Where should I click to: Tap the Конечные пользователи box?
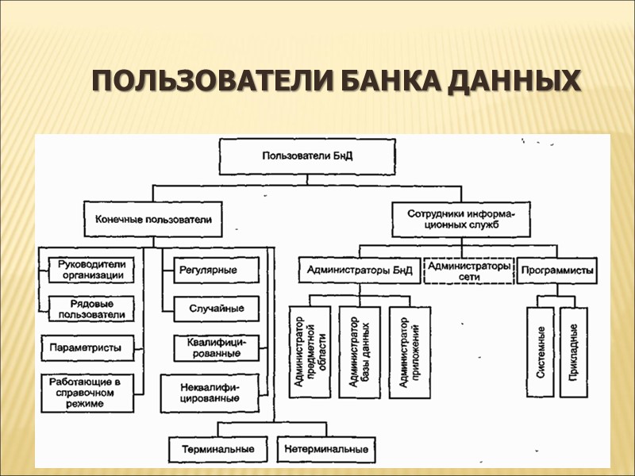click(x=153, y=217)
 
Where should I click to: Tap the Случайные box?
click(x=216, y=308)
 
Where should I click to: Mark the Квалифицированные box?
click(x=217, y=347)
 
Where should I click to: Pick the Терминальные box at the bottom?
click(x=217, y=449)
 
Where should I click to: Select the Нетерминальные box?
click(x=328, y=449)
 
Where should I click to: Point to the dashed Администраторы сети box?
click(x=468, y=271)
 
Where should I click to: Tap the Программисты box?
click(x=557, y=271)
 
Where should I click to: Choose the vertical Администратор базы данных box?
click(x=354, y=352)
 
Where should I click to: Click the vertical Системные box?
click(x=540, y=352)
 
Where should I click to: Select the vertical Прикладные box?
click(x=574, y=352)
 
